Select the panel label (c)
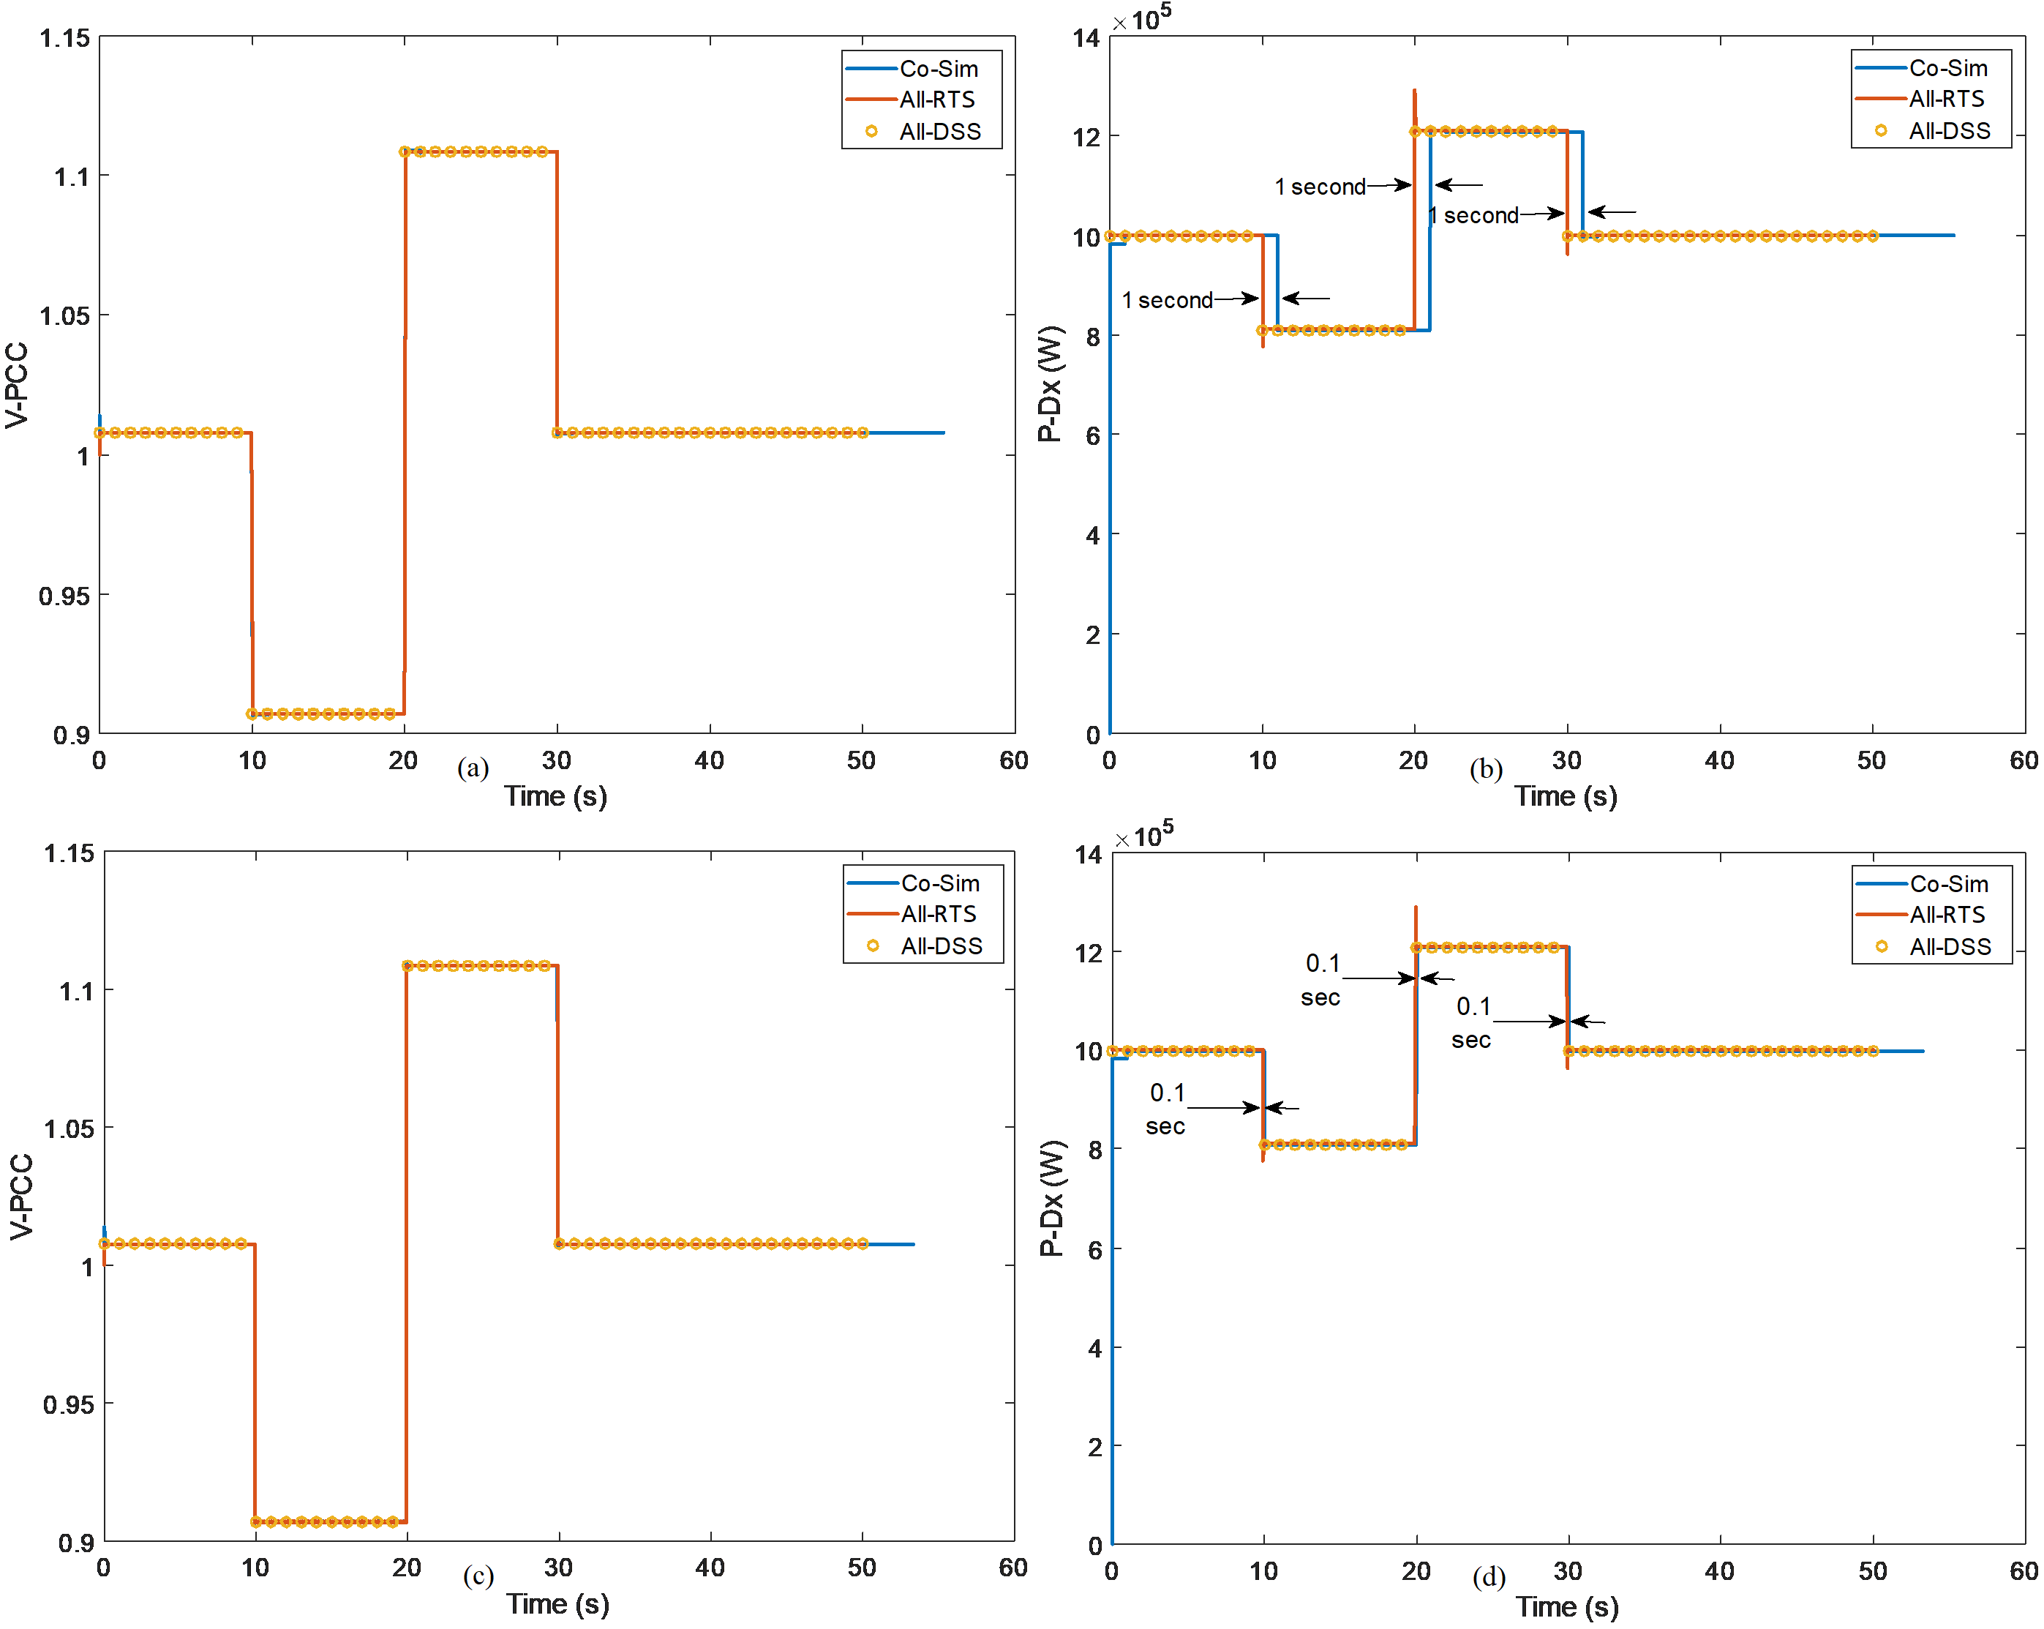click(478, 1576)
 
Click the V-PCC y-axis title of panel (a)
click(17, 385)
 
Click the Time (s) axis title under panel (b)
click(1566, 796)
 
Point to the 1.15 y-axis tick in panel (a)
click(64, 38)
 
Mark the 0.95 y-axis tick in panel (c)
click(68, 1404)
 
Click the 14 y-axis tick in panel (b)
click(1086, 38)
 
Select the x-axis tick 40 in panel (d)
click(1720, 1571)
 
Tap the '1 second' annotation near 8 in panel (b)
click(1167, 301)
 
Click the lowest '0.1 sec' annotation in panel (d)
click(1166, 1109)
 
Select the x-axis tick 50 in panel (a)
click(861, 760)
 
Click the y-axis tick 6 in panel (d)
click(1094, 1250)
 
